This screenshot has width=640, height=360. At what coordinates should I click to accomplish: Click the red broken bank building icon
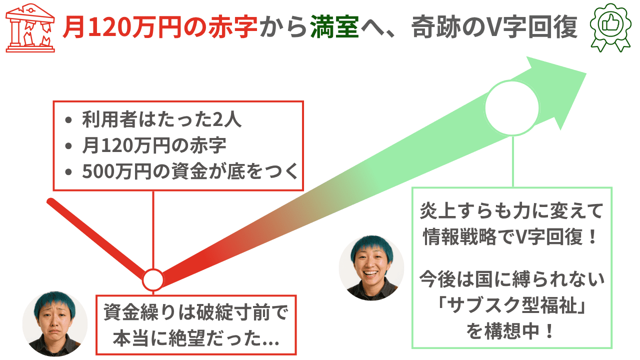[30, 28]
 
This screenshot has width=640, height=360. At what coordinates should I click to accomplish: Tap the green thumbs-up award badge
[610, 27]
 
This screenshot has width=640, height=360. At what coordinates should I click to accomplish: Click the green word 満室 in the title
[334, 27]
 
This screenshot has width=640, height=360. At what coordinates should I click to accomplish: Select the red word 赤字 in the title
[233, 27]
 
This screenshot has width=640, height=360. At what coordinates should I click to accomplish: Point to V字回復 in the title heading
[528, 27]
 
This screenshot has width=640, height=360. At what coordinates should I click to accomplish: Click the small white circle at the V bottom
[153, 279]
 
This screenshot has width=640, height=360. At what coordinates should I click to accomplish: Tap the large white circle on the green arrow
[512, 108]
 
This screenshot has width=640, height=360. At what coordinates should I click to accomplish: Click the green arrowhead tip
[586, 73]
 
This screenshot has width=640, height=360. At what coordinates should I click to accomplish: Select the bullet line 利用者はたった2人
[161, 119]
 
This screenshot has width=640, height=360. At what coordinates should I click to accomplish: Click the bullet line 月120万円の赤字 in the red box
[154, 145]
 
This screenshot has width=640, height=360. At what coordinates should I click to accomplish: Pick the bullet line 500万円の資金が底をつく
[190, 171]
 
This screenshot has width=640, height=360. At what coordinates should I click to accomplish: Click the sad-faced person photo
[55, 323]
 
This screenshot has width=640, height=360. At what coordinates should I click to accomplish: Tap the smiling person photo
[371, 268]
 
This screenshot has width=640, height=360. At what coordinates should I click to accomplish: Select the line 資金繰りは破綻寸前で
[195, 312]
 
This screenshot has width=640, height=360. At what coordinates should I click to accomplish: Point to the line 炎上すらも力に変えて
[511, 211]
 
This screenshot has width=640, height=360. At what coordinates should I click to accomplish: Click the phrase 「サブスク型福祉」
[511, 305]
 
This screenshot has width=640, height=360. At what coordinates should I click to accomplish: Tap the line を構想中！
[511, 331]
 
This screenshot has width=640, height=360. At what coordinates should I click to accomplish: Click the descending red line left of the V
[96, 239]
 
